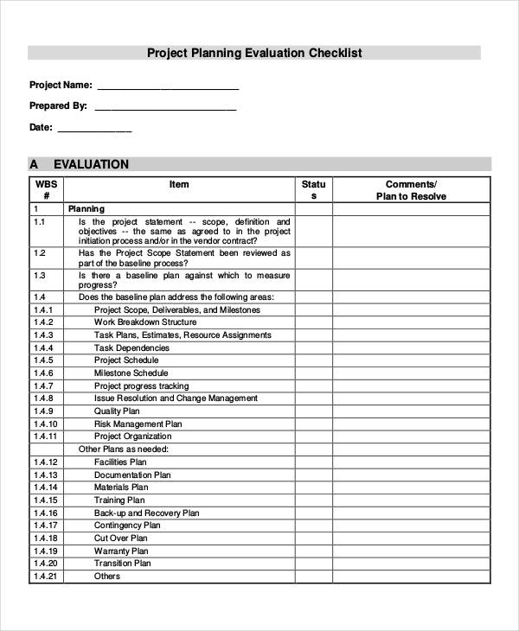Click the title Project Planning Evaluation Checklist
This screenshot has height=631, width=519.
click(x=253, y=53)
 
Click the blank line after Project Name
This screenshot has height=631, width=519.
click(x=168, y=87)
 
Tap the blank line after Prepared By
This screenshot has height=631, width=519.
click(x=164, y=108)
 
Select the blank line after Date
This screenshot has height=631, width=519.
click(x=94, y=130)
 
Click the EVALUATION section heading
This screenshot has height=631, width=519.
click(x=91, y=164)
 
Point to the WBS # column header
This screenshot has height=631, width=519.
click(x=46, y=190)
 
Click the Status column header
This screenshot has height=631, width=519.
click(x=313, y=190)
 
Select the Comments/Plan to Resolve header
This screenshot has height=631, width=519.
click(x=411, y=190)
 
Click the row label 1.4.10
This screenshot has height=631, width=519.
click(x=46, y=424)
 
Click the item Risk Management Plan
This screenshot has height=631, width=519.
click(x=138, y=424)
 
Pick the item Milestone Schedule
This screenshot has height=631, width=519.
click(x=131, y=373)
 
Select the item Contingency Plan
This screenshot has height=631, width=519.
click(x=127, y=525)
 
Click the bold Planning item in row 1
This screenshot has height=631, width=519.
click(x=86, y=209)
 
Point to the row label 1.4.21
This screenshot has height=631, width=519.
click(x=46, y=577)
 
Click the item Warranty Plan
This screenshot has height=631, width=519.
click(x=121, y=551)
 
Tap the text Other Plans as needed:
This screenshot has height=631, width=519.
click(x=124, y=449)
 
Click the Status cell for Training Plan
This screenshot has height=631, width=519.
click(x=313, y=500)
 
